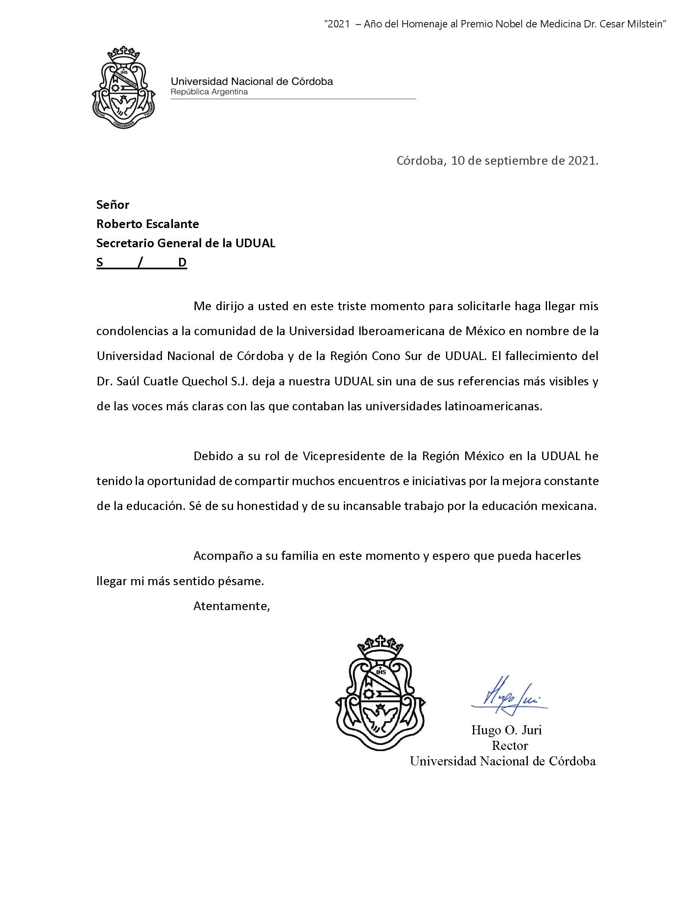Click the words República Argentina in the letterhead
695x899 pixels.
click(209, 92)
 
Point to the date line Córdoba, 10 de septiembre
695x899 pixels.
click(497, 161)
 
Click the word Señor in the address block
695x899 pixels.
click(113, 205)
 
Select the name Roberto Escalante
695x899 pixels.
click(148, 224)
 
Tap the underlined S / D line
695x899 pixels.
click(141, 263)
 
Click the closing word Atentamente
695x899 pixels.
click(231, 606)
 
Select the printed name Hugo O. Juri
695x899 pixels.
click(507, 730)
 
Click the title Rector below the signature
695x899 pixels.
click(510, 745)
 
